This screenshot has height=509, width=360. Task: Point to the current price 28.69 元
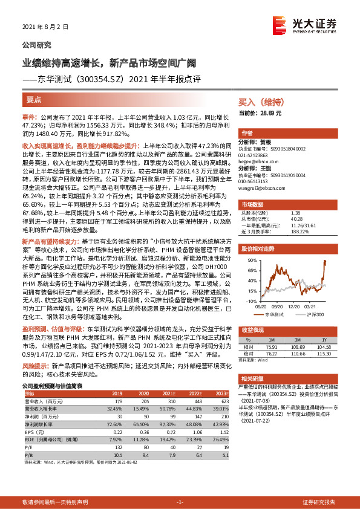[x=260, y=113]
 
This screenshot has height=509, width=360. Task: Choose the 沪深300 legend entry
[x=314, y=314]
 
